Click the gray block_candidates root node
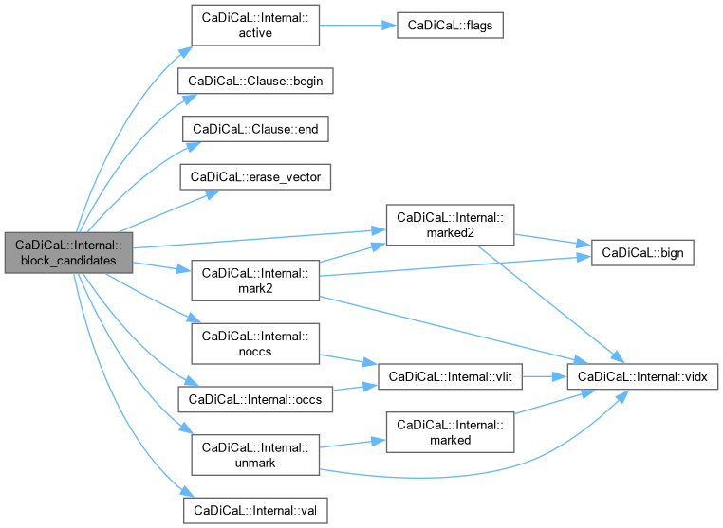[67, 250]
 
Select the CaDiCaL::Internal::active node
[255, 26]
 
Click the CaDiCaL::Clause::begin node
[256, 81]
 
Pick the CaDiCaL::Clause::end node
[254, 127]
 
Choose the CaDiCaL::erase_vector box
[254, 176]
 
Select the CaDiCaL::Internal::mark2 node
[255, 280]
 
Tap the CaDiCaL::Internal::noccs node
[255, 342]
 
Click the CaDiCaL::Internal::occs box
[256, 399]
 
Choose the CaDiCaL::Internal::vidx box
[641, 377]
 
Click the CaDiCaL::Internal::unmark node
[255, 454]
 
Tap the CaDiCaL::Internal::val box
[255, 510]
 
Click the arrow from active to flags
[357, 26]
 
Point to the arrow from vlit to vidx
[545, 377]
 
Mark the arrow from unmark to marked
[351, 444]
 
